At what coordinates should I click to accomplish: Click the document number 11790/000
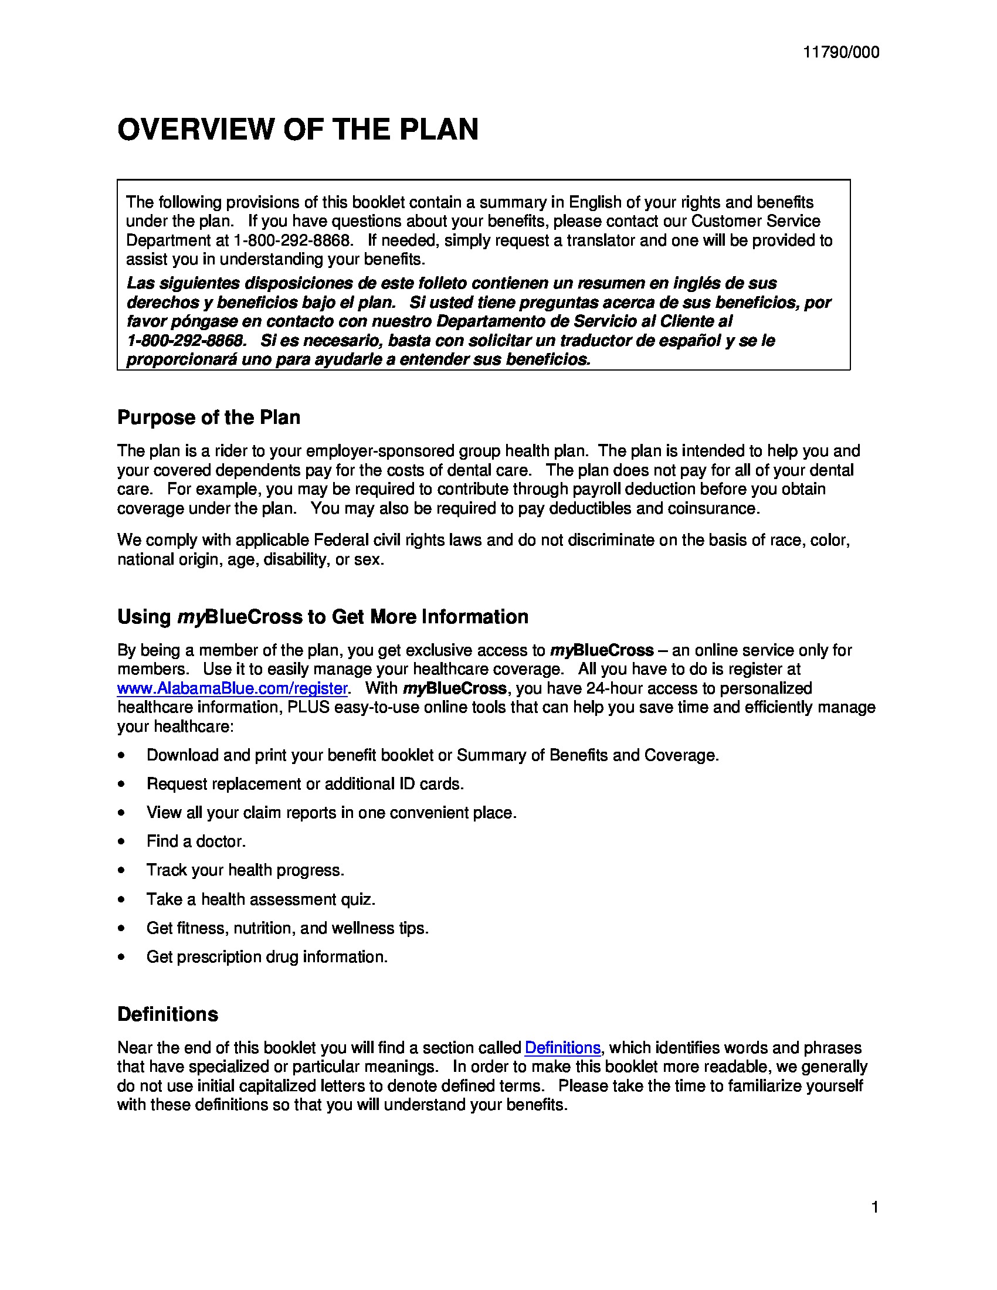[840, 53]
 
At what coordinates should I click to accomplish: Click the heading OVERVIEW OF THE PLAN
[298, 130]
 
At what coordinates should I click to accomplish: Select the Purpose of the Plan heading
[209, 417]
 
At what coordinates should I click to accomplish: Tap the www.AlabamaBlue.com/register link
[232, 688]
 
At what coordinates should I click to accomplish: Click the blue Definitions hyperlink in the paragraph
[562, 1047]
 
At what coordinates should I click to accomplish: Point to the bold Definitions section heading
[168, 1014]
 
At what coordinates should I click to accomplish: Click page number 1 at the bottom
[875, 1207]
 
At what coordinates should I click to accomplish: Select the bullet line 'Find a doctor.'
[196, 841]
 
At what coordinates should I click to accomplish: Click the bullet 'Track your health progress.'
[245, 870]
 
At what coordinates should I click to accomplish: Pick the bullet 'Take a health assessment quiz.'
[260, 899]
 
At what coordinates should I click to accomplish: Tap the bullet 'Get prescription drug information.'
[267, 957]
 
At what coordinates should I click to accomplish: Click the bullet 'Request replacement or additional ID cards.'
[305, 784]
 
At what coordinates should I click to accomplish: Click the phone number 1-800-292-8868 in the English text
[293, 240]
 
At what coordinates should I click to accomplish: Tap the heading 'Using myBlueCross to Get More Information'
[323, 617]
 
